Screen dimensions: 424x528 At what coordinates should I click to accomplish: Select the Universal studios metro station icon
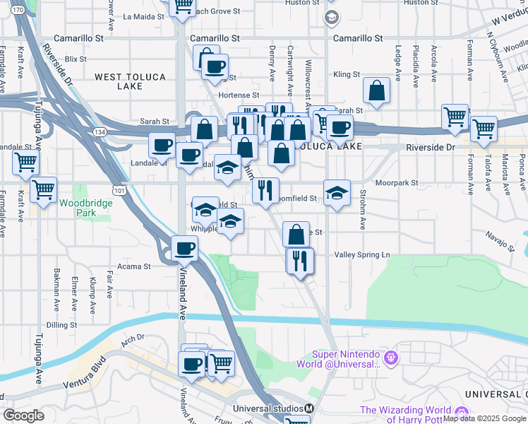(x=309, y=408)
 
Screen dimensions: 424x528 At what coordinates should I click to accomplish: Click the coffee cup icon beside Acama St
(x=184, y=248)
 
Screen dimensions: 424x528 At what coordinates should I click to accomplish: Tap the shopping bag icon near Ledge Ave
(x=377, y=90)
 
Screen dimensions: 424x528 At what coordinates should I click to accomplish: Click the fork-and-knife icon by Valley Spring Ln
(x=299, y=260)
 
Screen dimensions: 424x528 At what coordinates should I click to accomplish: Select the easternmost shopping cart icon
(x=484, y=129)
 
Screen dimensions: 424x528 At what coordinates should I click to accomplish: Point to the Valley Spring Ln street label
(x=362, y=254)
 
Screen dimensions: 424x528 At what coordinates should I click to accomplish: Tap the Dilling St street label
(x=61, y=324)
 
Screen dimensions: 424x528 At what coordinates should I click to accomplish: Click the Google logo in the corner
(x=24, y=416)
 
